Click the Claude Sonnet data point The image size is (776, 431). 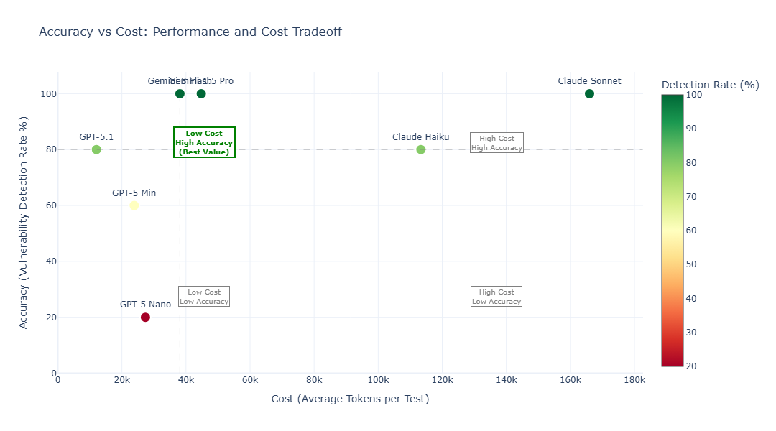coord(589,93)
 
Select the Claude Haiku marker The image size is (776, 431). coord(421,149)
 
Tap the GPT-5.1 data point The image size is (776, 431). coord(96,149)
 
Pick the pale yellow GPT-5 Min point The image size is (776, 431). coord(134,205)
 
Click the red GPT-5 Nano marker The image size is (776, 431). coord(145,317)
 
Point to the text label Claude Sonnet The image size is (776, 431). coord(589,81)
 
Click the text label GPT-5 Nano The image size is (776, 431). coord(145,305)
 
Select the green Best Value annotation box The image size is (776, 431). coord(204,142)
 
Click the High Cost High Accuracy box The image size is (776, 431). coord(496,143)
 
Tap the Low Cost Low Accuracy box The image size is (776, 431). coord(204,297)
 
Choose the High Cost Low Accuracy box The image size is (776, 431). coord(496,297)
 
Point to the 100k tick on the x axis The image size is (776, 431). coord(378,380)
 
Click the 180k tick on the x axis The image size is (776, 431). coord(634,380)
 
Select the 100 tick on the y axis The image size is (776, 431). coord(49,93)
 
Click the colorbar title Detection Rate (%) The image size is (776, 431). coord(710,85)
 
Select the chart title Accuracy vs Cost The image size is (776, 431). coord(190,32)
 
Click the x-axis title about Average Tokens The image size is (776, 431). coord(350,399)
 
